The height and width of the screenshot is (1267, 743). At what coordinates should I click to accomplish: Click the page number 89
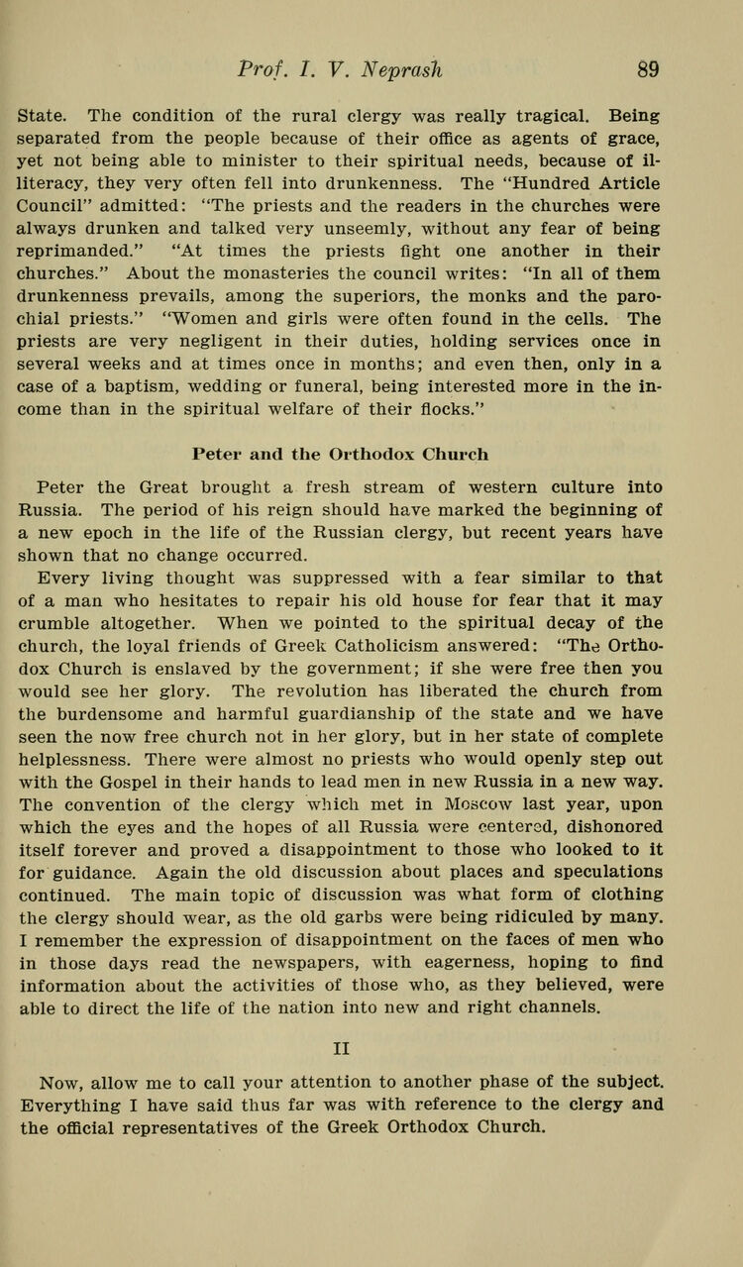coord(648,69)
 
